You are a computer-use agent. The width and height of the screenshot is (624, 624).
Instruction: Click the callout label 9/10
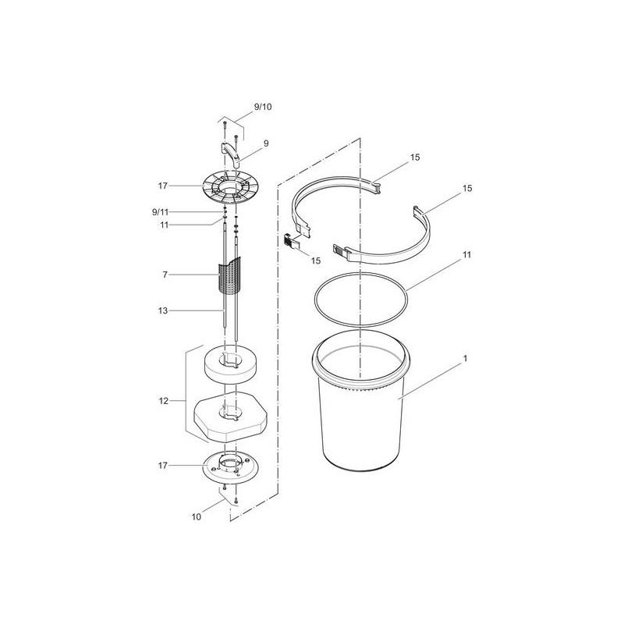(263, 107)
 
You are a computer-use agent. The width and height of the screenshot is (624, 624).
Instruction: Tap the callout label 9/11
(161, 212)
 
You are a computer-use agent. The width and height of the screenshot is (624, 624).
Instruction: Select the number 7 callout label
(165, 275)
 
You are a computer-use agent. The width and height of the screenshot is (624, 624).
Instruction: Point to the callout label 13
(163, 310)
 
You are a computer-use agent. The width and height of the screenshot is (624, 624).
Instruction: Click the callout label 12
(164, 401)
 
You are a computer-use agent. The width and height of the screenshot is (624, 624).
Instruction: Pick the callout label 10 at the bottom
(197, 517)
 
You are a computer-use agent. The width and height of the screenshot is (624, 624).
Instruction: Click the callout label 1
(465, 359)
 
